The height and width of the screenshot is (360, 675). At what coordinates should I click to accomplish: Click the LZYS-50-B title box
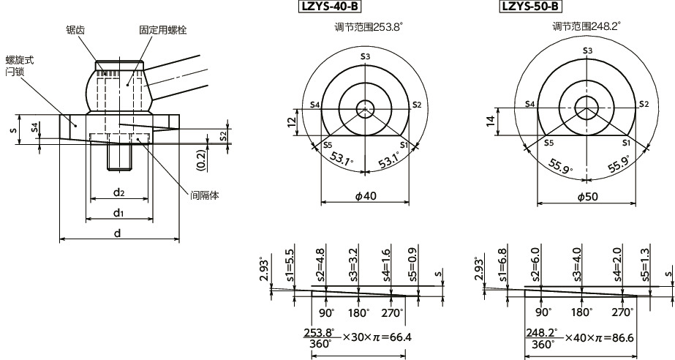point(530,7)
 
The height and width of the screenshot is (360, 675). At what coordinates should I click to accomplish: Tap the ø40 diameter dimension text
point(366,196)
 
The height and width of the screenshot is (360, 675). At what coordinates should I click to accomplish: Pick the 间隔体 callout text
point(205,195)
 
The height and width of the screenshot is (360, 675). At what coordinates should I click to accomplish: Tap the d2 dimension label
point(118,192)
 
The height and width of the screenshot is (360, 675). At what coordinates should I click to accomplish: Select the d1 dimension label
point(118,212)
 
